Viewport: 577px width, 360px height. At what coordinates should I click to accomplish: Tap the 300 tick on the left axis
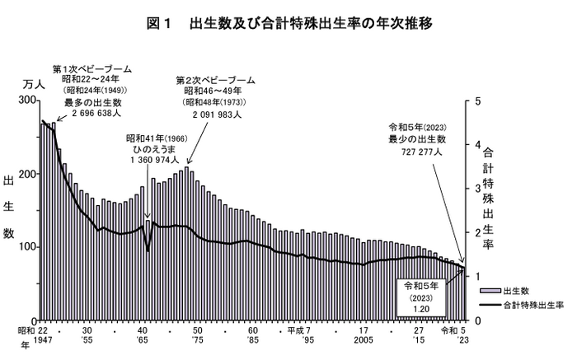(x=26, y=101)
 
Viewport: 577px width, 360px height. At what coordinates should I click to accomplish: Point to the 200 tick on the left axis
(x=26, y=174)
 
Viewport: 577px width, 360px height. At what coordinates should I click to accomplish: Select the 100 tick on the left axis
(x=26, y=247)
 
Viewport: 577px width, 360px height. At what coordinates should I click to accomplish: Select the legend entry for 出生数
(x=518, y=291)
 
